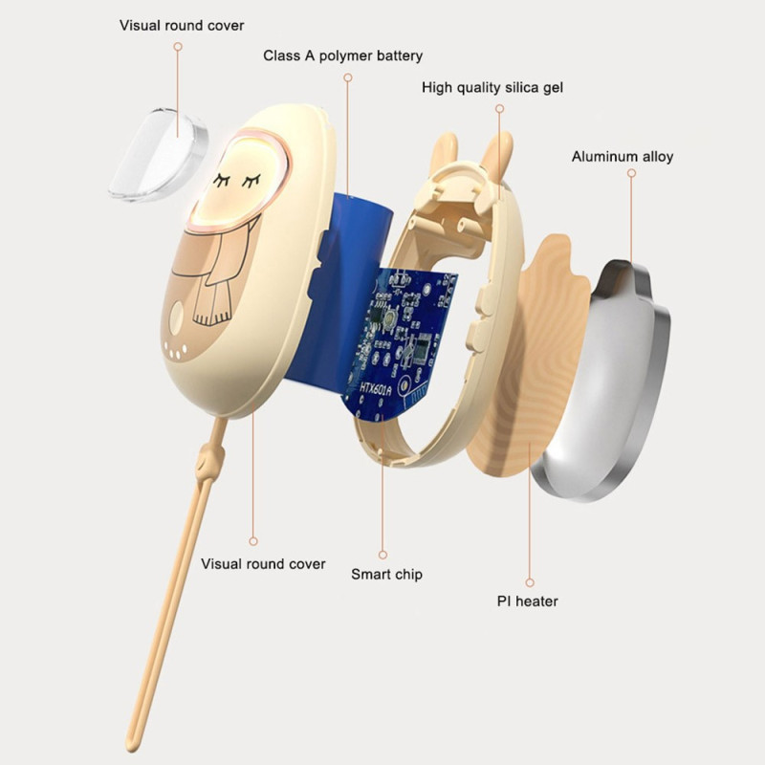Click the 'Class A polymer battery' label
tap(342, 55)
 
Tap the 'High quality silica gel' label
tap(492, 88)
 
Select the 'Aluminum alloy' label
tap(623, 157)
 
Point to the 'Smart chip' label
tap(387, 575)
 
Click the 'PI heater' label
tap(528, 601)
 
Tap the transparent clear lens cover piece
tap(158, 155)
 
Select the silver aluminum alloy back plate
tap(601, 381)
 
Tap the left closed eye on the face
tap(222, 180)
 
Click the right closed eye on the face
tap(251, 181)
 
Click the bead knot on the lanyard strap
tap(210, 460)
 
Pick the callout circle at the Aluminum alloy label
tap(631, 173)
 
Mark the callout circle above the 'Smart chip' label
tap(383, 555)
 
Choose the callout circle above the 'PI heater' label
tap(530, 582)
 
